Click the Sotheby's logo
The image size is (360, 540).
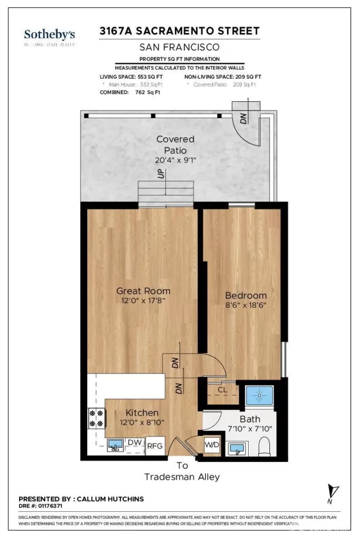pyautogui.click(x=49, y=37)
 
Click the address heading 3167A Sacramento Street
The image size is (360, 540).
pyautogui.click(x=179, y=31)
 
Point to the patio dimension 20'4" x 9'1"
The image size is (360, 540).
pyautogui.click(x=175, y=160)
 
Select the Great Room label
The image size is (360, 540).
pyautogui.click(x=143, y=291)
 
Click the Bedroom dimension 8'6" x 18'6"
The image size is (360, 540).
pyautogui.click(x=246, y=306)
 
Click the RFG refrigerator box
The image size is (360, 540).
pyautogui.click(x=155, y=446)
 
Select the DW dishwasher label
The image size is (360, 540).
pyautogui.click(x=134, y=443)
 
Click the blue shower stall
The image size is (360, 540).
pyautogui.click(x=259, y=395)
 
